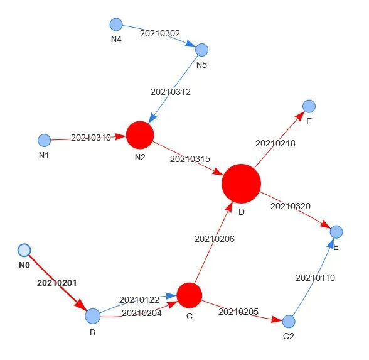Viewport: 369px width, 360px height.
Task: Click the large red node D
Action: (x=241, y=183)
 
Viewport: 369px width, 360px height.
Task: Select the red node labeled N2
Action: (x=140, y=135)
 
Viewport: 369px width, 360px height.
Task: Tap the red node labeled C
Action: (x=190, y=295)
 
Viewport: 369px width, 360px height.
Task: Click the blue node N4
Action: (x=116, y=25)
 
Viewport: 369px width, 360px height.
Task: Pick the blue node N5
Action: (x=201, y=50)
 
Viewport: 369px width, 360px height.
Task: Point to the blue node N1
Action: (x=44, y=140)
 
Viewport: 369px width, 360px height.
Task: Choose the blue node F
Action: (x=309, y=106)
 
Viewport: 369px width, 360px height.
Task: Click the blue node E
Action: (x=336, y=232)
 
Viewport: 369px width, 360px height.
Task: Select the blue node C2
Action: (x=289, y=322)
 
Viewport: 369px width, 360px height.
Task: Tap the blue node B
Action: (x=93, y=316)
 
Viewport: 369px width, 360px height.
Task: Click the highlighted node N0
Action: (x=24, y=250)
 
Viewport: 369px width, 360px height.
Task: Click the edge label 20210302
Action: (x=160, y=33)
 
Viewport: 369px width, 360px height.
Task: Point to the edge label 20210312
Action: (x=171, y=92)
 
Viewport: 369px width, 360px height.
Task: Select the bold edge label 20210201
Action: (x=57, y=283)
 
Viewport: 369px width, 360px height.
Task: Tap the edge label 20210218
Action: (x=275, y=143)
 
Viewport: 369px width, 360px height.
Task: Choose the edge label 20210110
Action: (x=315, y=278)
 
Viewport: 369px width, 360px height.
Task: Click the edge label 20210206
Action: (x=215, y=239)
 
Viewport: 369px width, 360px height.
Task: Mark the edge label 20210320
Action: (x=291, y=206)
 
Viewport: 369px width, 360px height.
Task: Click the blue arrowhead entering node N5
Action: (x=191, y=44)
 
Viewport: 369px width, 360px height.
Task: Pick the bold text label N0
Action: (x=24, y=265)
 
